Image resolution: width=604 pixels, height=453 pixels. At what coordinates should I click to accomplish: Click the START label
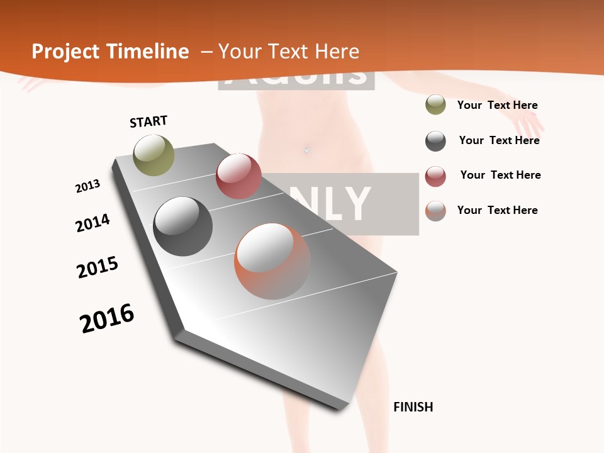pos(148,121)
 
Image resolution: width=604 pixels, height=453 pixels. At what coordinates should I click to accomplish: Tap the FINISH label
pos(413,406)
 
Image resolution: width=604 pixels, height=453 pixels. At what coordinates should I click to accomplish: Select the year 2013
pos(87,186)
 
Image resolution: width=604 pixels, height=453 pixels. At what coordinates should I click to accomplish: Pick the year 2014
pos(92,223)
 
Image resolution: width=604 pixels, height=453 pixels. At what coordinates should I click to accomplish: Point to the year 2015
pos(98,267)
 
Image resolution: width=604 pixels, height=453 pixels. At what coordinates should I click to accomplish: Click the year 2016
pos(107,318)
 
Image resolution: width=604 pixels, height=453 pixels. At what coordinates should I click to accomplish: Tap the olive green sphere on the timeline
pos(154,155)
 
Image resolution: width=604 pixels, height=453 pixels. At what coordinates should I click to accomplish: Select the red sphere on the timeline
pos(238,176)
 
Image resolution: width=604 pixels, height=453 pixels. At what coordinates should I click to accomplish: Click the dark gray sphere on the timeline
pos(183,226)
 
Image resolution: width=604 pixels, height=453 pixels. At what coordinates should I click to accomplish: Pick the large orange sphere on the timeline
pos(272,261)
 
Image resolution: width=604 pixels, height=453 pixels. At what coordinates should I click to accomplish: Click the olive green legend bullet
pos(435,105)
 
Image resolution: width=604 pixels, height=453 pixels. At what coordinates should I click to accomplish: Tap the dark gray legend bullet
pos(435,141)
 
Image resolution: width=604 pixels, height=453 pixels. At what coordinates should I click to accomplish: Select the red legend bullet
pos(435,176)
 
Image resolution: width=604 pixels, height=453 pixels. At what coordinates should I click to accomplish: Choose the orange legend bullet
pos(435,211)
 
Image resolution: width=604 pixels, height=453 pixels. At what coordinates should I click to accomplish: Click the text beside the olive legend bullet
pos(497,105)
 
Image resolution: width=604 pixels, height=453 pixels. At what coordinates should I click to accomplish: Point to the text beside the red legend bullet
pos(500,175)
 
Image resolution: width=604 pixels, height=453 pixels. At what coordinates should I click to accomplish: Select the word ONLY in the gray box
pos(340,203)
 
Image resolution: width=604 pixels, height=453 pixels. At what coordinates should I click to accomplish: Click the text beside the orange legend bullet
pos(497,210)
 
